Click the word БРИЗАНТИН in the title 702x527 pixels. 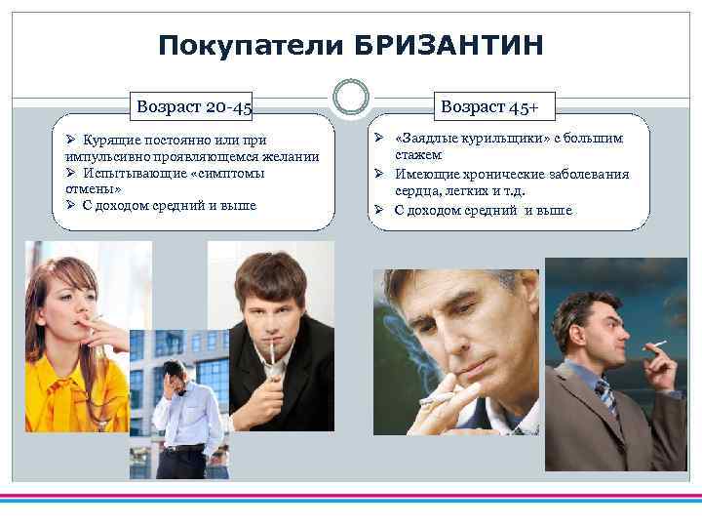point(449,45)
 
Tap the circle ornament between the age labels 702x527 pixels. point(351,97)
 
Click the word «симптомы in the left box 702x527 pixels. point(228,173)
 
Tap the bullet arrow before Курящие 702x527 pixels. point(71,140)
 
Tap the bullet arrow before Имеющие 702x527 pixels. point(382,174)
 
